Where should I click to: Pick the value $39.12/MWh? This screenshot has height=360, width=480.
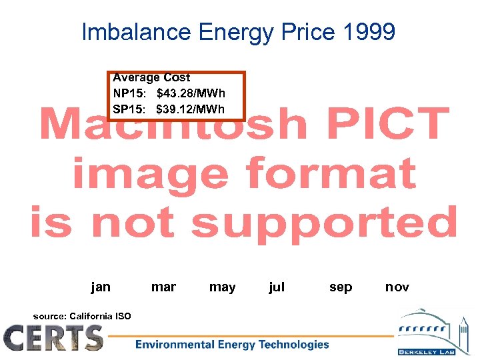[191, 109]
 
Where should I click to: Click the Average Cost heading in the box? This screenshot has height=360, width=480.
[151, 78]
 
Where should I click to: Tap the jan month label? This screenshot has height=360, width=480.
[101, 287]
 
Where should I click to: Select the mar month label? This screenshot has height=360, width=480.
[163, 287]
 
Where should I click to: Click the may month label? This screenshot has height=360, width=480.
[222, 287]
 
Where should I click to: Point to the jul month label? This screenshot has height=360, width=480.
[276, 287]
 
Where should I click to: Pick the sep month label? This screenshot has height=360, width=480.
[341, 287]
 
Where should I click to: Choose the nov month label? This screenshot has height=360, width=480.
[397, 287]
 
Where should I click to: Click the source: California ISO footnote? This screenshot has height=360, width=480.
[82, 316]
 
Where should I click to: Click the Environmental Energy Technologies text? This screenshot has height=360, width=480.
[232, 345]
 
